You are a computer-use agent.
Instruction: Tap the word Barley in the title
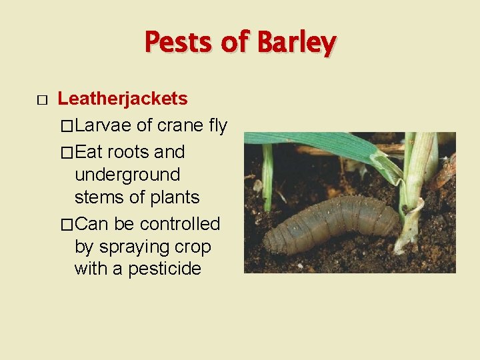[x=297, y=43]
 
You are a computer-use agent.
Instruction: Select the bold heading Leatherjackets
[x=123, y=99]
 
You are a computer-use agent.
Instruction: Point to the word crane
[x=179, y=125]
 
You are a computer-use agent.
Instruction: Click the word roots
[x=128, y=152]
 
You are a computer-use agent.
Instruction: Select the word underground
[x=127, y=175]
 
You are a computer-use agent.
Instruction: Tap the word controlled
[x=179, y=224]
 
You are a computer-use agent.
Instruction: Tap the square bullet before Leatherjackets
[x=41, y=101]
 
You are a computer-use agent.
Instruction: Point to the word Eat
[x=89, y=152]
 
